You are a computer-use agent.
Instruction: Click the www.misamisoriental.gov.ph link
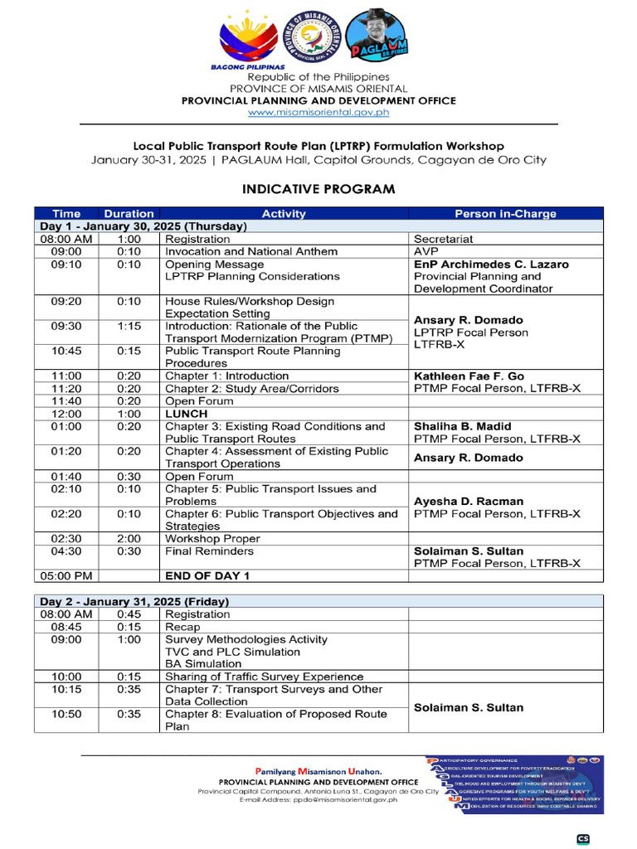click(x=318, y=112)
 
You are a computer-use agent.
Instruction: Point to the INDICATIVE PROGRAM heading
click(x=318, y=189)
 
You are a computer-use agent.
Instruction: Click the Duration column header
click(x=129, y=214)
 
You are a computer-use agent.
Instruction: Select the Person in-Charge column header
click(x=505, y=214)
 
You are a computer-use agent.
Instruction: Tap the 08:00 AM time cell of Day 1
click(x=66, y=239)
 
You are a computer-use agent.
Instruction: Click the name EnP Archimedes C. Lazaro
click(x=491, y=264)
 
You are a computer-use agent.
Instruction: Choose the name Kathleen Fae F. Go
click(x=469, y=376)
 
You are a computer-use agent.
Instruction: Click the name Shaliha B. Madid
click(x=463, y=426)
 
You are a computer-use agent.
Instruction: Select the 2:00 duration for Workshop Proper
click(x=129, y=538)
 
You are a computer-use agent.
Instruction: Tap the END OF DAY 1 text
click(x=207, y=575)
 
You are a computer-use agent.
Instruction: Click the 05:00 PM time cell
click(x=66, y=575)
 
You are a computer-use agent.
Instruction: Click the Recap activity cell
click(x=182, y=628)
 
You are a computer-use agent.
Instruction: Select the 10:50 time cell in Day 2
click(x=66, y=714)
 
